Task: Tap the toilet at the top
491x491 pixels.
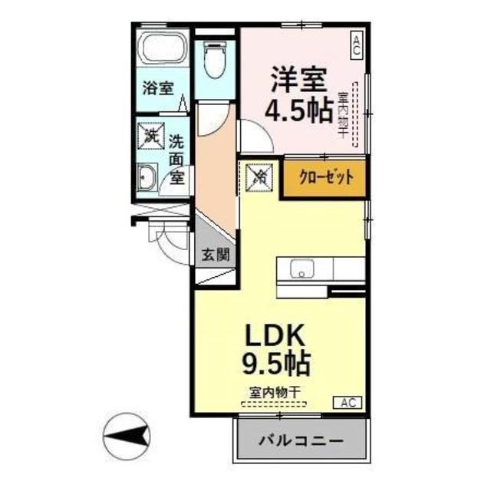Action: coord(215,60)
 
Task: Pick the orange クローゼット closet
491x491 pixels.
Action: coord(321,178)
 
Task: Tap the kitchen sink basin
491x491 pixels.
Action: coord(302,270)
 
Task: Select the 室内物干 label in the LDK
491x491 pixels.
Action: coord(274,390)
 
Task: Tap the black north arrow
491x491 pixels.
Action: coord(127,437)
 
